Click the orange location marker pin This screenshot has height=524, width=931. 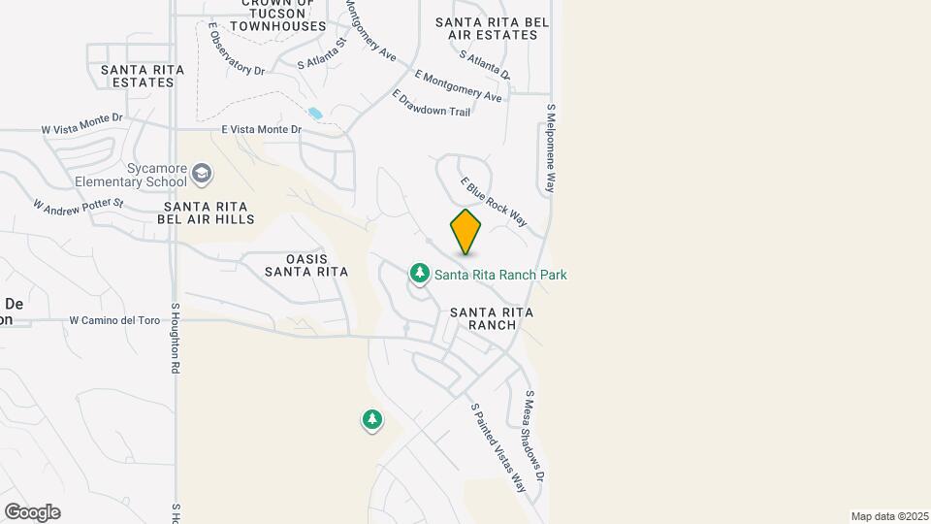tap(465, 232)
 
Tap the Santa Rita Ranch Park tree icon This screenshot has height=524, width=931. tap(420, 275)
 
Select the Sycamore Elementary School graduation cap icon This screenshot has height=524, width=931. tap(202, 175)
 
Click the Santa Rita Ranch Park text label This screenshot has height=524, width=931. tap(500, 275)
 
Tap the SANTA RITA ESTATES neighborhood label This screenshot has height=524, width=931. tap(137, 76)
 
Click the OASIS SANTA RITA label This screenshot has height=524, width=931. tap(305, 265)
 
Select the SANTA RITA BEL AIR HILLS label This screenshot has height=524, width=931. tap(209, 213)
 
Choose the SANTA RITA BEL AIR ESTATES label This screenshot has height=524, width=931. tap(493, 28)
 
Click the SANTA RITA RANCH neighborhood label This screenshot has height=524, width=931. tap(492, 318)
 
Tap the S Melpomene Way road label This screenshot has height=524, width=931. tap(551, 148)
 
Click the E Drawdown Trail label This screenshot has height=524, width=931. tap(432, 104)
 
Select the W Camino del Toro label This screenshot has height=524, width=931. tap(113, 319)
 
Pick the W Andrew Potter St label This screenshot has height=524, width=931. tap(79, 205)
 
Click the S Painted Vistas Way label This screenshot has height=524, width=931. tap(498, 448)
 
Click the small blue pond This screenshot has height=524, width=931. tap(315, 114)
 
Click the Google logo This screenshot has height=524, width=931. tap(32, 511)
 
